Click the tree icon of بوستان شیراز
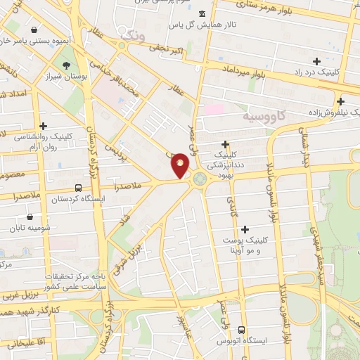(66, 66)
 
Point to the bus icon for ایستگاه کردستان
(77, 188)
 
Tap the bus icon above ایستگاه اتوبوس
(242, 330)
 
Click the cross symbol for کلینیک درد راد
(316, 61)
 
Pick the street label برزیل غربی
(17, 294)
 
